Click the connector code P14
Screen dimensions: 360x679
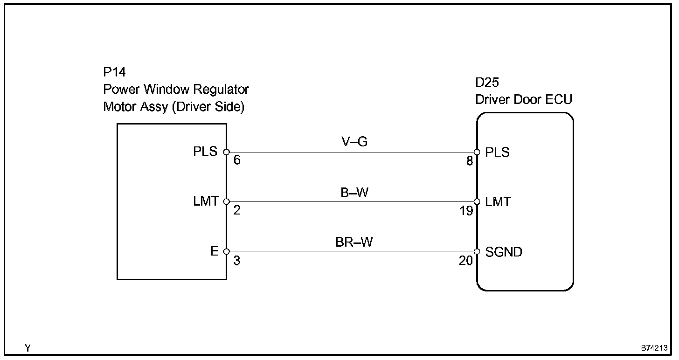pyautogui.click(x=114, y=72)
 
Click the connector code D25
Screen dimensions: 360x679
pyautogui.click(x=487, y=83)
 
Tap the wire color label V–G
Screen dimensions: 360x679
pyautogui.click(x=354, y=142)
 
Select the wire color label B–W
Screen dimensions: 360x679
pyautogui.click(x=354, y=192)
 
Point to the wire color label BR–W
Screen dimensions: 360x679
pyautogui.click(x=354, y=242)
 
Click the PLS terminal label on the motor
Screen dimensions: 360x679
pyautogui.click(x=205, y=152)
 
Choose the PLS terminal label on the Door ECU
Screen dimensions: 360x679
pyautogui.click(x=497, y=152)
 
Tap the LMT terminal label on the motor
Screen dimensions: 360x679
pyautogui.click(x=206, y=202)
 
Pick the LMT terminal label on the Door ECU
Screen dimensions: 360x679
pyautogui.click(x=498, y=202)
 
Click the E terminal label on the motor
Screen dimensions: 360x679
pyautogui.click(x=214, y=252)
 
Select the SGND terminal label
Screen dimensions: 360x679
pyautogui.click(x=504, y=252)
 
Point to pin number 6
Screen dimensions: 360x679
pyautogui.click(x=237, y=161)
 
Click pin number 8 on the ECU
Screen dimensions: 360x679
pyautogui.click(x=470, y=161)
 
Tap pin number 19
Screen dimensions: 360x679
pyautogui.click(x=466, y=211)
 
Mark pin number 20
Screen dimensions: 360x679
pyautogui.click(x=466, y=261)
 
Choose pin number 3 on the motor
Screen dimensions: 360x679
pyautogui.click(x=237, y=261)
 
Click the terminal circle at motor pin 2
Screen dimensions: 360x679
pyautogui.click(x=226, y=202)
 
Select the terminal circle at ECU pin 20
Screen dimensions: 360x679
pyautogui.click(x=477, y=252)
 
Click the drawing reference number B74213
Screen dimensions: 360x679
pyautogui.click(x=654, y=348)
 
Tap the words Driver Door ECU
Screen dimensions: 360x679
pyautogui.click(x=523, y=99)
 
